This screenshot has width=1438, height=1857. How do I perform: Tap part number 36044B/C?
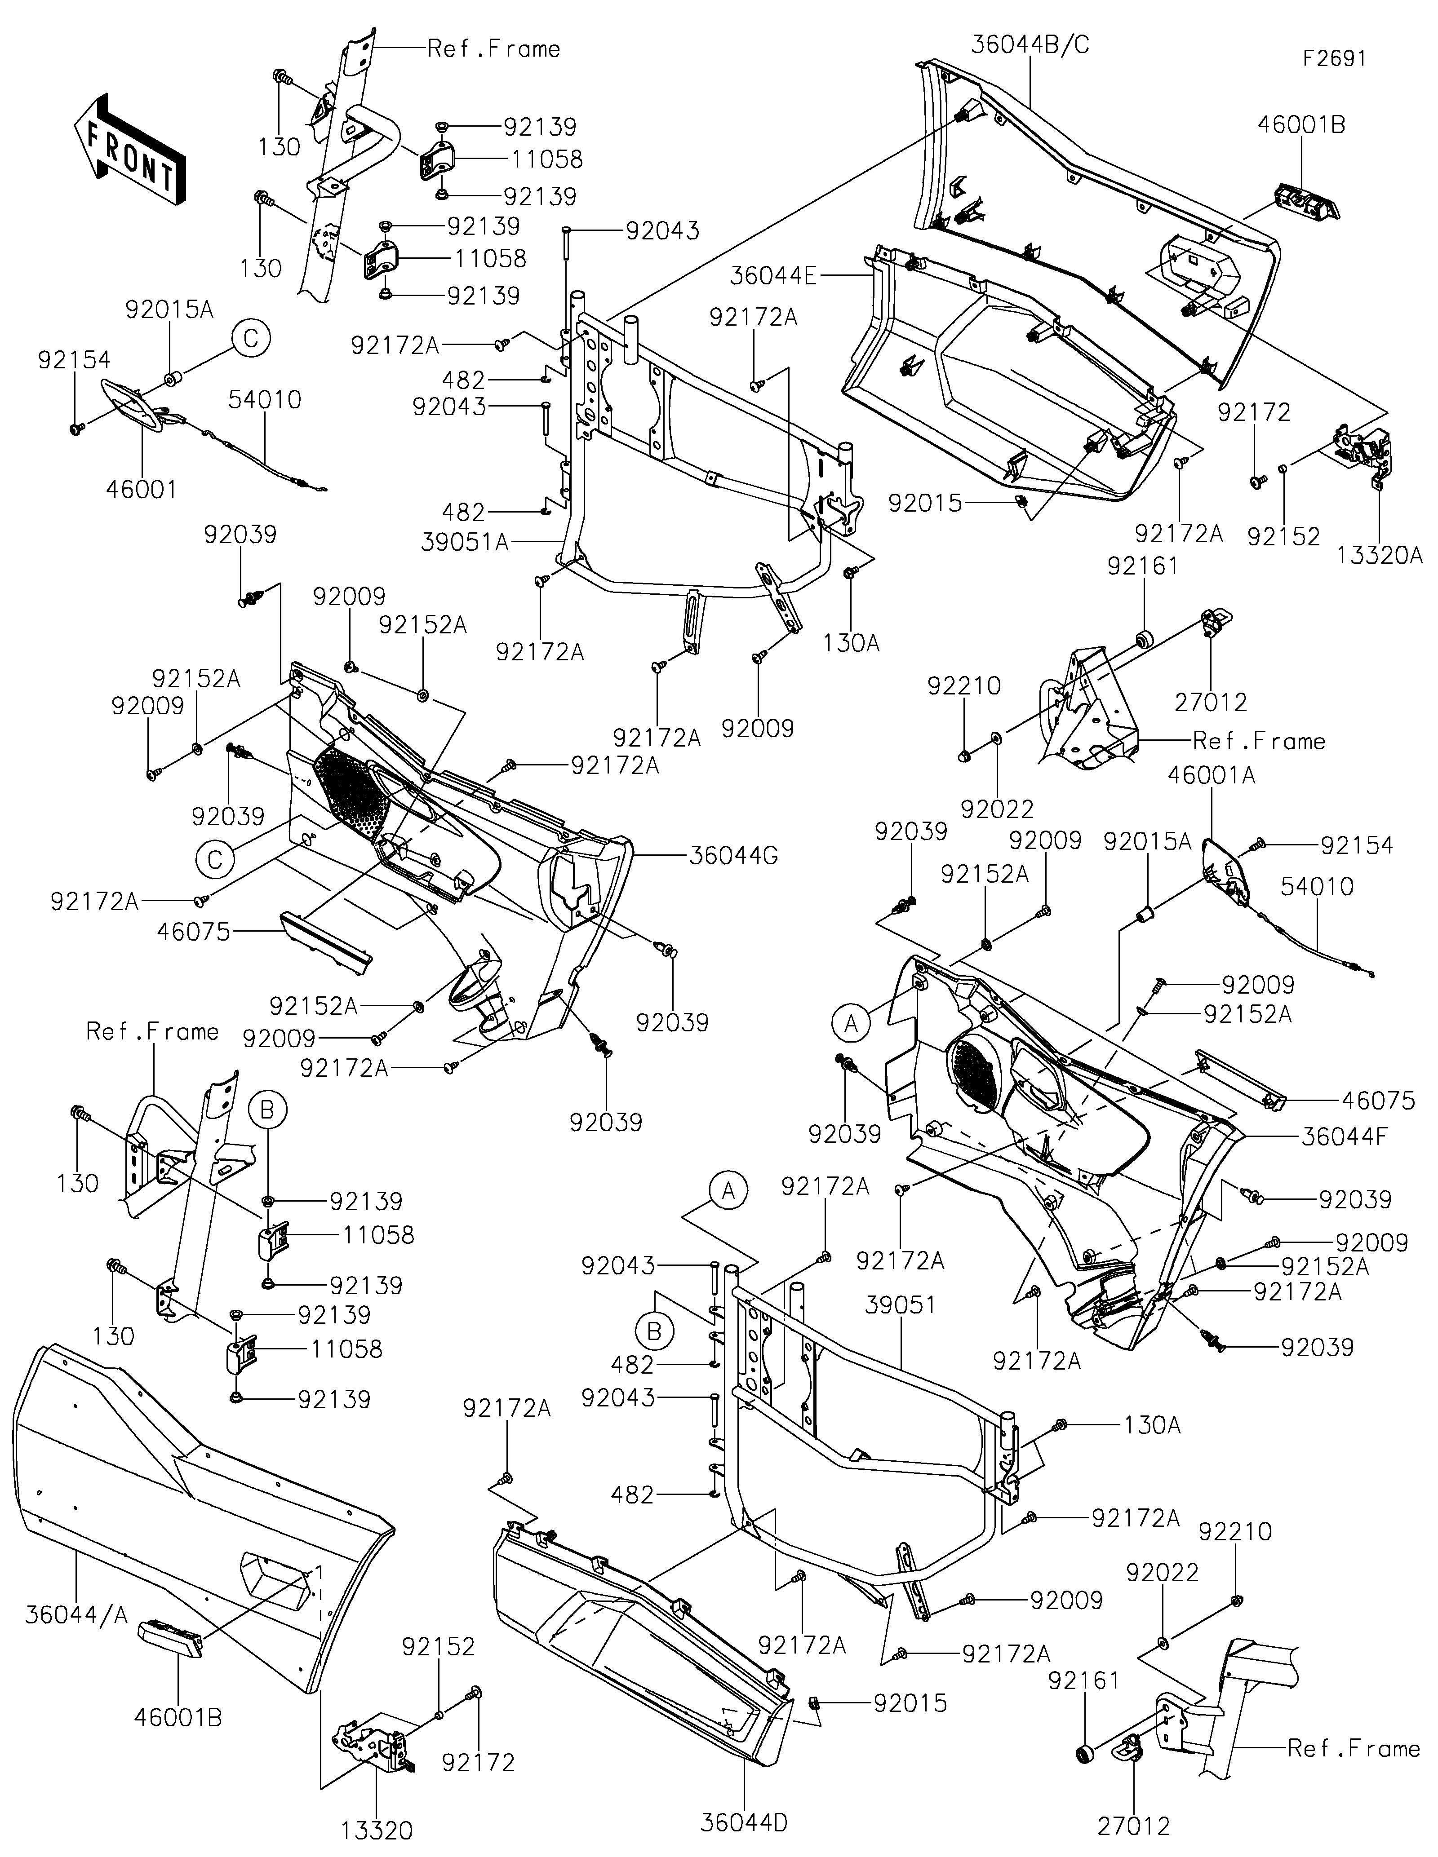point(1030,44)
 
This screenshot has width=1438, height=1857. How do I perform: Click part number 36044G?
point(734,855)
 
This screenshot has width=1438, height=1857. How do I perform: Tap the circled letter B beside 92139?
point(267,1110)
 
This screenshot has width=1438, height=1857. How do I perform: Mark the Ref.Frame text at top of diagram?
point(493,49)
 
